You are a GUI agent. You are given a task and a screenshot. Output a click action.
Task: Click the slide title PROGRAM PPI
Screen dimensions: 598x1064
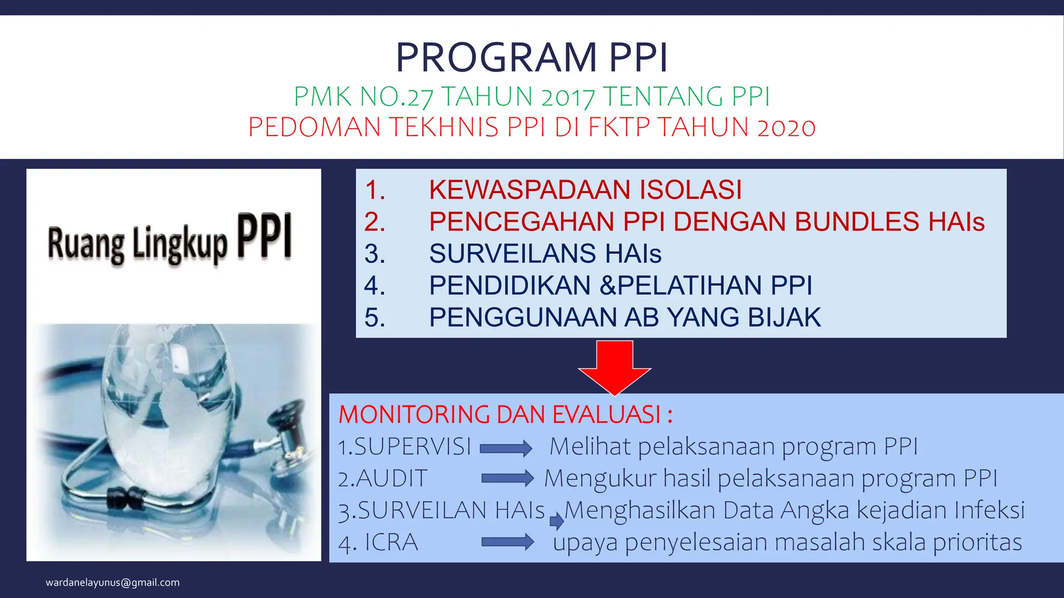531,57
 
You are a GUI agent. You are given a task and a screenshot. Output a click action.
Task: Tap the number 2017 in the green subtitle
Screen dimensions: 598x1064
567,97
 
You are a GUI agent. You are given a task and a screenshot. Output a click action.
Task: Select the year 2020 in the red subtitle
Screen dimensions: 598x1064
786,128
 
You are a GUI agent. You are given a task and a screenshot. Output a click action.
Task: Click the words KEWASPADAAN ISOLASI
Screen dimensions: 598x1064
585,189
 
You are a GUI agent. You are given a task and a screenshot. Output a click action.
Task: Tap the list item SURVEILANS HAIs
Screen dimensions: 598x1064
545,254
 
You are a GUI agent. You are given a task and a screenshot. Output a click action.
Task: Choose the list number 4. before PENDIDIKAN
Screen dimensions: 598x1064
375,286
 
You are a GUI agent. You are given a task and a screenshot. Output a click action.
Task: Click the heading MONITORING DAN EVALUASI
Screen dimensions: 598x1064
505,415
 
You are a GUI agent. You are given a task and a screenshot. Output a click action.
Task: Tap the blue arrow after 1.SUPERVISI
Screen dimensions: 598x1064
506,448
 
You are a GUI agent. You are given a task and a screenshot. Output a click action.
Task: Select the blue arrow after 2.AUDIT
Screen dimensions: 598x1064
508,479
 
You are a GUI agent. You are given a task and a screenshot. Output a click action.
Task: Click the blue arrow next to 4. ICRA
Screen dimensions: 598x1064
508,542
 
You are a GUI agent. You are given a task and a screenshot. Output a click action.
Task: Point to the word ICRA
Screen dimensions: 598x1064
391,542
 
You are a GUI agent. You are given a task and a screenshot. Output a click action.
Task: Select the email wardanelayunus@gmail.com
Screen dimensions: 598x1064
113,582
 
